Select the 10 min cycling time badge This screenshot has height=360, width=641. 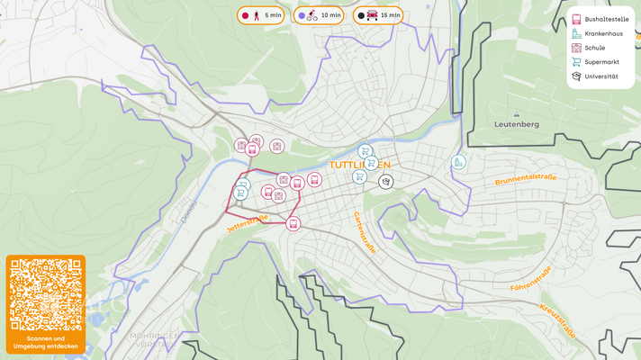(x=320, y=15)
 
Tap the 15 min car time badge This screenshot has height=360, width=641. (x=378, y=15)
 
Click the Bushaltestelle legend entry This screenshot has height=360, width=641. (x=600, y=19)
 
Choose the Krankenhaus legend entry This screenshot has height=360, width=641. (x=600, y=33)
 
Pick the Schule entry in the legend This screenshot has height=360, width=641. (x=594, y=48)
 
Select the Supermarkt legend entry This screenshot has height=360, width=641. (x=600, y=62)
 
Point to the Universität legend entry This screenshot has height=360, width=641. (x=600, y=76)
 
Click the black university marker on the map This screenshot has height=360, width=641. (x=385, y=182)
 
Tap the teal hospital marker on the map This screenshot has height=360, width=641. (x=458, y=163)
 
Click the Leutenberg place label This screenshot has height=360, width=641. (x=517, y=124)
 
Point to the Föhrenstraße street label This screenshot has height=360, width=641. (x=530, y=278)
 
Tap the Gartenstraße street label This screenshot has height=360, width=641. (x=364, y=232)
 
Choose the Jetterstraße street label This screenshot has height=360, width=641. (x=248, y=222)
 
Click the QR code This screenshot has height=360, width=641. (x=46, y=294)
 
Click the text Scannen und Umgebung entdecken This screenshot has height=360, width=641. (x=46, y=342)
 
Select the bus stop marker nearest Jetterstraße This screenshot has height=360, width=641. (x=293, y=223)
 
